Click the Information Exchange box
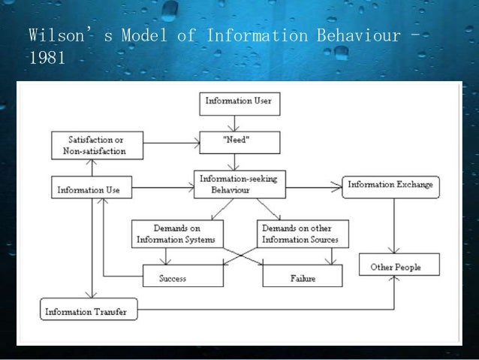tap(390, 185)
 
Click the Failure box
tap(299, 277)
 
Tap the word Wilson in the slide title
tap(56, 35)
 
